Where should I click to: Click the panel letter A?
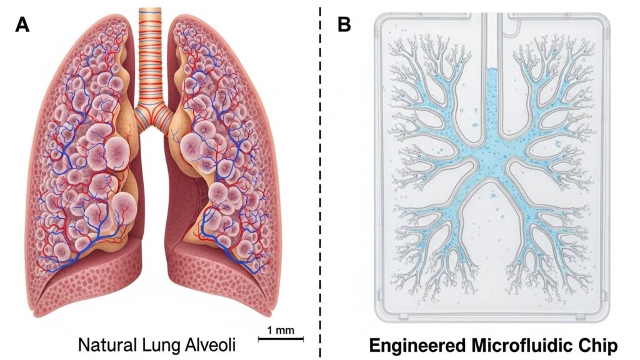(x=22, y=25)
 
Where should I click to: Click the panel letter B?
(x=344, y=25)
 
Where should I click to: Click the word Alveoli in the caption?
(x=211, y=345)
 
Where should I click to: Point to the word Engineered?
(x=417, y=346)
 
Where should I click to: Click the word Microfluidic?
(x=524, y=346)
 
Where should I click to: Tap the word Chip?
(x=601, y=346)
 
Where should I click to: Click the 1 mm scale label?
(x=281, y=330)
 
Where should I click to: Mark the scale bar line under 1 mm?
(x=281, y=338)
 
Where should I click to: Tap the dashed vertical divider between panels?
(x=321, y=180)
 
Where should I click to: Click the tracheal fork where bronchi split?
(x=152, y=116)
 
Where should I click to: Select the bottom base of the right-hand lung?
(x=222, y=282)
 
